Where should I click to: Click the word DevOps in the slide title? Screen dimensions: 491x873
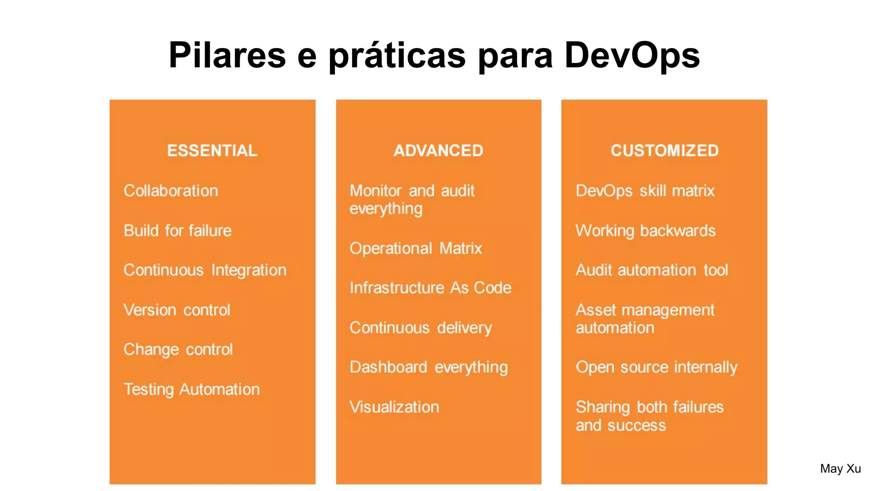pyautogui.click(x=632, y=55)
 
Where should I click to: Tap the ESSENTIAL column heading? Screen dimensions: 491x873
pyautogui.click(x=212, y=150)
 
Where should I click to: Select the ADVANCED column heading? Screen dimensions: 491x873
pyautogui.click(x=438, y=150)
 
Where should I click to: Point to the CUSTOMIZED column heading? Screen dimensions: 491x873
pyautogui.click(x=665, y=150)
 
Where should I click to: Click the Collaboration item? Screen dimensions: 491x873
pyautogui.click(x=171, y=191)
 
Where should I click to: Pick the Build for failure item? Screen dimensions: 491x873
pyautogui.click(x=178, y=231)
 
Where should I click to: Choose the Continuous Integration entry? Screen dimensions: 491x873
pyautogui.click(x=205, y=270)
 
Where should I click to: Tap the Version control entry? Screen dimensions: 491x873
pyautogui.click(x=177, y=310)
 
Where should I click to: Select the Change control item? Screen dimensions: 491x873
pyautogui.click(x=178, y=349)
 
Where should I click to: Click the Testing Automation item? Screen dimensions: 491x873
pyautogui.click(x=192, y=389)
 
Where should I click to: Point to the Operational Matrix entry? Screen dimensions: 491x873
pyautogui.click(x=416, y=248)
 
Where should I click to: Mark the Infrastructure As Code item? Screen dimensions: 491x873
pyautogui.click(x=431, y=288)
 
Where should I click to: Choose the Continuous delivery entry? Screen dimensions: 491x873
pyautogui.click(x=421, y=328)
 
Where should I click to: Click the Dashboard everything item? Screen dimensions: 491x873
pyautogui.click(x=429, y=367)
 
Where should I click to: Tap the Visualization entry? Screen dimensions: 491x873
pyautogui.click(x=394, y=407)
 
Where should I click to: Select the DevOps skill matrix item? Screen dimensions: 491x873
pyautogui.click(x=645, y=191)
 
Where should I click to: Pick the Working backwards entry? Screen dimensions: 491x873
pyautogui.click(x=645, y=231)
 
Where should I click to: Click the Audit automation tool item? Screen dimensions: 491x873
pyautogui.click(x=652, y=270)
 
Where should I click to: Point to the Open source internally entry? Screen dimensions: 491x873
pyautogui.click(x=656, y=367)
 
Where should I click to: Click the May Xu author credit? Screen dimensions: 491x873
pyautogui.click(x=840, y=469)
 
